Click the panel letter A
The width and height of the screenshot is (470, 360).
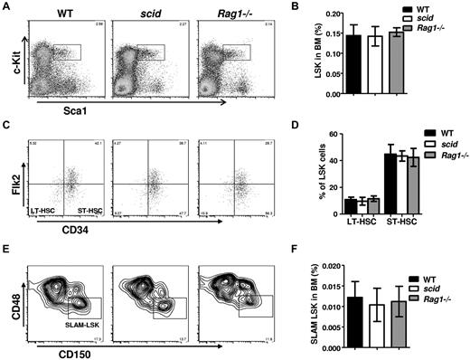pos(5,7)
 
